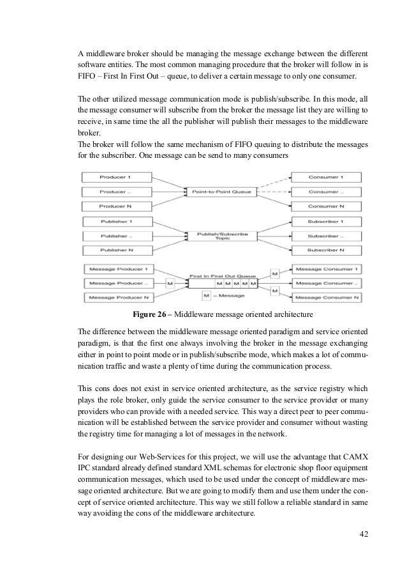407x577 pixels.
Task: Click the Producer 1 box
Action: [114, 176]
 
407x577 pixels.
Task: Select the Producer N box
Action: [114, 206]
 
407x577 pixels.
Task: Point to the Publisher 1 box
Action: [114, 222]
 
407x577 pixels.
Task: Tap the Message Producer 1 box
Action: [114, 268]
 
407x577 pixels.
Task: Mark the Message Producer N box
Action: [114, 297]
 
